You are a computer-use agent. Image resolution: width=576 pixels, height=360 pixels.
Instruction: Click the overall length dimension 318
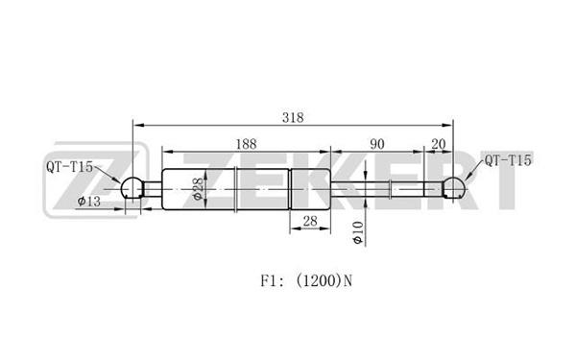tap(293, 117)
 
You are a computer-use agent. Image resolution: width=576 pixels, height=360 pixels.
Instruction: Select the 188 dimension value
tap(246, 144)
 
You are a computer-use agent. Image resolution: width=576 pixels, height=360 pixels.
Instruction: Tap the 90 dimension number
tap(377, 144)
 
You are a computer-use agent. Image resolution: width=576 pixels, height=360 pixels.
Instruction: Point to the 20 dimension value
tap(439, 144)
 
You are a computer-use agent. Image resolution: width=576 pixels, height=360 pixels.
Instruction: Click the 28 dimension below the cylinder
tap(310, 221)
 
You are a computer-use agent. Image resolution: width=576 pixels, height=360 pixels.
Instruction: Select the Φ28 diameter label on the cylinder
tap(198, 189)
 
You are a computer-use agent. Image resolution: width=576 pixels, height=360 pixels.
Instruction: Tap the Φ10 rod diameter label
tap(358, 232)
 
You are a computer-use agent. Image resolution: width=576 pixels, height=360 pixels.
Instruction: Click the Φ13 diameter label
tap(89, 201)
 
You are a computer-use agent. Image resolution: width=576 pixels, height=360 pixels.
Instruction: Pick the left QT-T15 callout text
tap(69, 167)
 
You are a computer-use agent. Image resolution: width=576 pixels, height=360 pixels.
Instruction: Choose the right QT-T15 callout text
tap(508, 160)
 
